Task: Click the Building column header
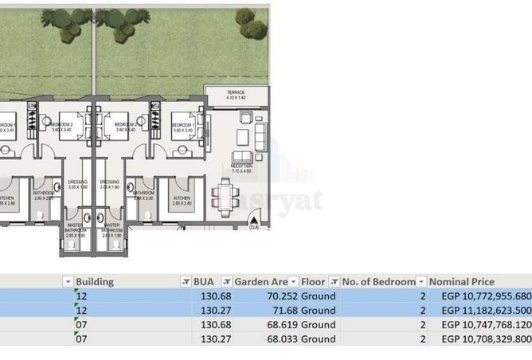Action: [x=94, y=282]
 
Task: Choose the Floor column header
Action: [x=311, y=282]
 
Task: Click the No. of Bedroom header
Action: [x=378, y=282]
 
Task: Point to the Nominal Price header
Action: [x=462, y=282]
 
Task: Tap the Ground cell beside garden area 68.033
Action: [x=318, y=339]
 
